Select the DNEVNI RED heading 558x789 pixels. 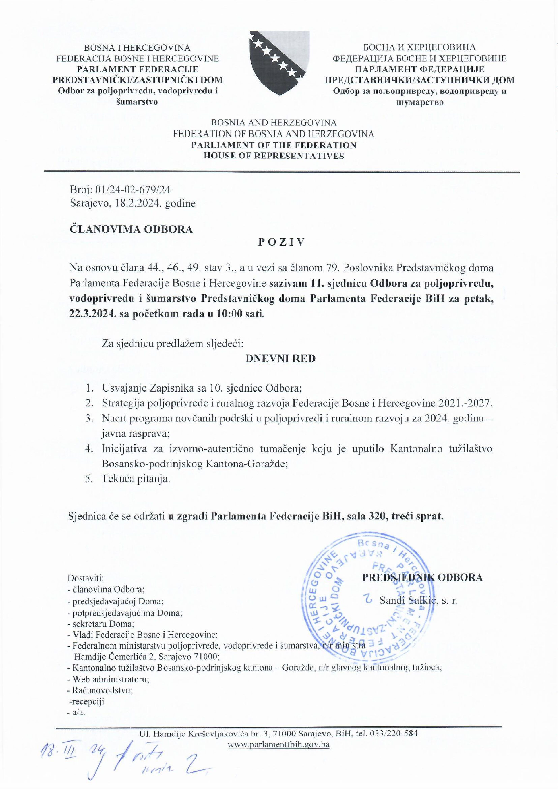pyautogui.click(x=280, y=359)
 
